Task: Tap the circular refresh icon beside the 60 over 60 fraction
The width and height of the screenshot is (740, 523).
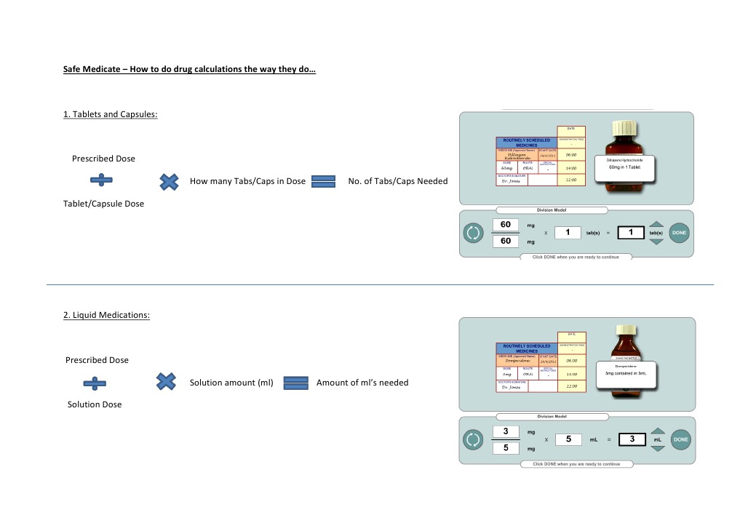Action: [473, 233]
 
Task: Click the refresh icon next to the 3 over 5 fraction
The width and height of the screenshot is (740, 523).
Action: [473, 439]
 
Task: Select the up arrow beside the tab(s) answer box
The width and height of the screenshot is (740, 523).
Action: [656, 225]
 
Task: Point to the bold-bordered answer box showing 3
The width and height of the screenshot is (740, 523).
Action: [632, 439]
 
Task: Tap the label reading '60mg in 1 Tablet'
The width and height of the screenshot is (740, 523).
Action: [625, 167]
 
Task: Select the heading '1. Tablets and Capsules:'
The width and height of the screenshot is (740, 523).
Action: [110, 114]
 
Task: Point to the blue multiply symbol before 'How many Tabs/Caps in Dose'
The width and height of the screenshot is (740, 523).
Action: [169, 181]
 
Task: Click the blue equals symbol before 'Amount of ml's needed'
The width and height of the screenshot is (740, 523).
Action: [295, 383]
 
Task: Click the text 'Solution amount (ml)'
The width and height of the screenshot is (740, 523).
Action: [231, 383]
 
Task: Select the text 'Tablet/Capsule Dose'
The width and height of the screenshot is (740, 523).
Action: [103, 204]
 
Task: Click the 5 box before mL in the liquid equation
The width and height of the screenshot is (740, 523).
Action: [568, 439]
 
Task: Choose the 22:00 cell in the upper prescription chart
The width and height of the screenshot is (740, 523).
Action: [571, 180]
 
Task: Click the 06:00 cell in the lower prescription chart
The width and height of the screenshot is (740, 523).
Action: [571, 361]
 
